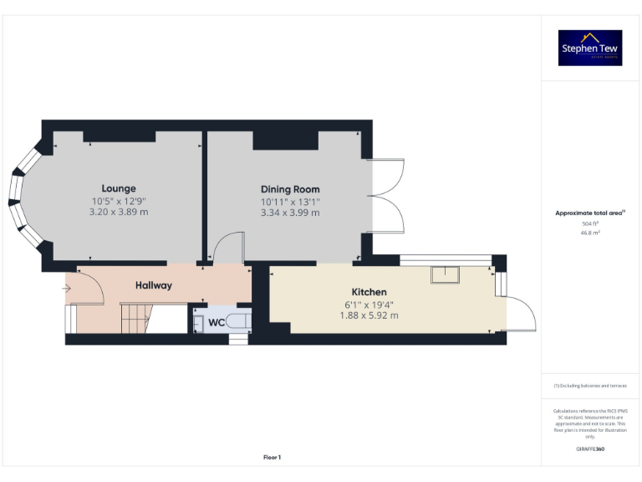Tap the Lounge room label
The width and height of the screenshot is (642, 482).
[119, 188]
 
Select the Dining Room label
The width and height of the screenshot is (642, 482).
[290, 189]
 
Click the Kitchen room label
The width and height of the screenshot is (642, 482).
[369, 292]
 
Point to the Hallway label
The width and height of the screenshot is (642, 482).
[154, 285]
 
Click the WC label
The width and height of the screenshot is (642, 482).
[216, 322]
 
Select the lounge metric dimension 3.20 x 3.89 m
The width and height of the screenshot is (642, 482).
[119, 213]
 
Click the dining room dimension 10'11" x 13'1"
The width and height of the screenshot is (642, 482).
[290, 201]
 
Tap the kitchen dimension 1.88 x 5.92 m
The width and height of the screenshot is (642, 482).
[369, 315]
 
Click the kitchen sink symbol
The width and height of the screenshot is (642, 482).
[446, 274]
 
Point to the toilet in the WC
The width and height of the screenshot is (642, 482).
[237, 322]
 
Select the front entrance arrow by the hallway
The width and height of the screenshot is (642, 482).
[68, 290]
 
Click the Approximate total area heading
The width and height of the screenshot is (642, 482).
[589, 213]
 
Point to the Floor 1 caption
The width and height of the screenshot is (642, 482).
[272, 457]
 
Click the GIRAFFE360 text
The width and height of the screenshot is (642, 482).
[590, 449]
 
